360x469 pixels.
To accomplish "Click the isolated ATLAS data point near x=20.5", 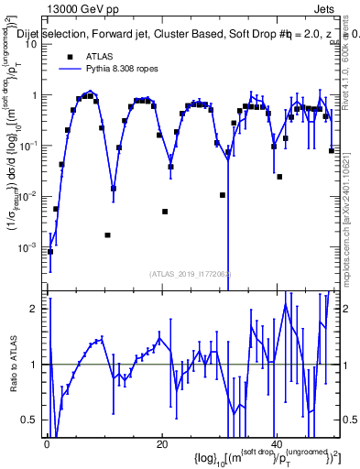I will tap(165, 212).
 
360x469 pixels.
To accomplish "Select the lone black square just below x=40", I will tap(279, 177).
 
